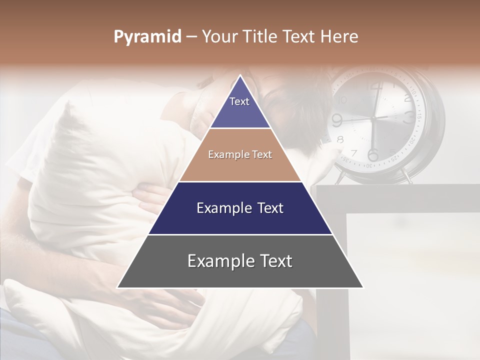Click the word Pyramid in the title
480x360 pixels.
click(x=147, y=37)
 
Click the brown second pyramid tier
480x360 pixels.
click(x=240, y=155)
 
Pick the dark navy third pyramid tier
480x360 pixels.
click(x=240, y=208)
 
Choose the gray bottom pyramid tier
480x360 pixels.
click(x=240, y=261)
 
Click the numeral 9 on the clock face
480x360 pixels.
click(x=337, y=119)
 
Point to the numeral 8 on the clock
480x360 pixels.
click(x=340, y=139)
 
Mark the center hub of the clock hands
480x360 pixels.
click(x=373, y=118)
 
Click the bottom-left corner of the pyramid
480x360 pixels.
click(x=117, y=287)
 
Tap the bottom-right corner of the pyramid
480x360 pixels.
click(x=363, y=287)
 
